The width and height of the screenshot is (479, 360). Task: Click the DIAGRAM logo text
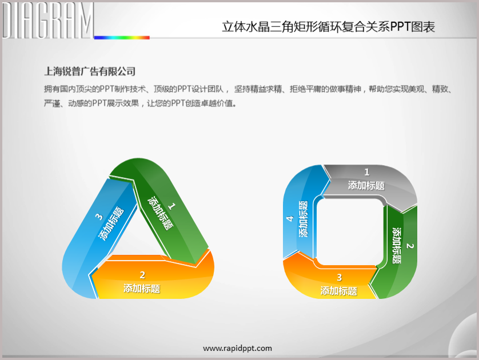tap(47, 20)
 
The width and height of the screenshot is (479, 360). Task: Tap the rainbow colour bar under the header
tap(122, 38)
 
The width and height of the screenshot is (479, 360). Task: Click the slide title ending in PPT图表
tap(329, 27)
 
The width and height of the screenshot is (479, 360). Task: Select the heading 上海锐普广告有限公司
tap(90, 71)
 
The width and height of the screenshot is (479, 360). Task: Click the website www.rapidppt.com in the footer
tap(237, 349)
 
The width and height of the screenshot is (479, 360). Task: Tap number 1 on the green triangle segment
tap(172, 206)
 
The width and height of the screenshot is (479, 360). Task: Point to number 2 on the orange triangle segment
tap(142, 275)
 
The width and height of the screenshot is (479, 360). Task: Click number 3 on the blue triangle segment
tap(99, 217)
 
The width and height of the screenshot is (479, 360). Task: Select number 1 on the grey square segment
tap(367, 172)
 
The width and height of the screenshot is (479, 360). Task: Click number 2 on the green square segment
tap(410, 246)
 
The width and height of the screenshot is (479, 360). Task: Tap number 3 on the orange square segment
tap(339, 278)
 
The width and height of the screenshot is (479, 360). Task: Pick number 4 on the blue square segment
tap(290, 219)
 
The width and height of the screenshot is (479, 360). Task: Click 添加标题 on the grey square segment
tap(366, 185)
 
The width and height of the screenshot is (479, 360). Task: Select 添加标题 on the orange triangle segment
tap(142, 289)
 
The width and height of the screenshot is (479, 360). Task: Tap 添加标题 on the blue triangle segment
tap(111, 223)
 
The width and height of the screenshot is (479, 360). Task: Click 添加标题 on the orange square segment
tap(339, 291)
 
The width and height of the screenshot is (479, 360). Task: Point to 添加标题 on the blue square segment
tap(303, 219)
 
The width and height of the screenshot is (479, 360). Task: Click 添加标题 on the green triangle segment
tap(161, 213)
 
